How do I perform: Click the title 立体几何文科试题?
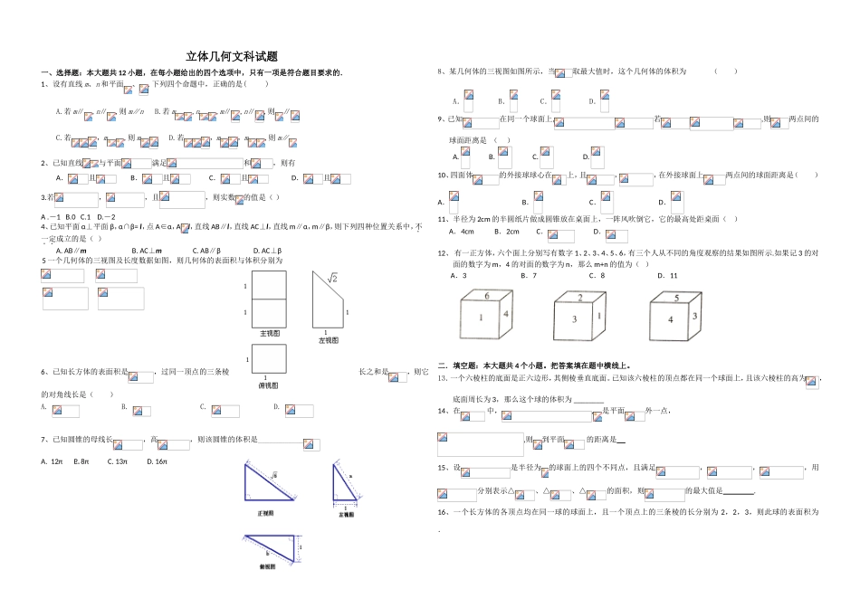click(x=230, y=55)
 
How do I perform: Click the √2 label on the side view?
click(x=332, y=279)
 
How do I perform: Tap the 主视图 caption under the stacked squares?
click(x=270, y=334)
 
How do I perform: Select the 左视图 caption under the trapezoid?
click(x=328, y=340)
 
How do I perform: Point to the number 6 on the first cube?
click(x=486, y=296)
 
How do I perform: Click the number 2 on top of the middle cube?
click(x=580, y=298)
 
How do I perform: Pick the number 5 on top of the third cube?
click(x=676, y=298)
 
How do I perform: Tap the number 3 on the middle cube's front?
click(x=574, y=318)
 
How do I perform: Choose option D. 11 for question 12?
click(x=667, y=275)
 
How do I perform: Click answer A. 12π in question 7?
click(x=51, y=461)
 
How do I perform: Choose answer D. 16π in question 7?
click(x=156, y=461)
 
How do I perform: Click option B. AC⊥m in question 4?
click(x=146, y=251)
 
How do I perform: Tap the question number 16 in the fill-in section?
click(x=443, y=512)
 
